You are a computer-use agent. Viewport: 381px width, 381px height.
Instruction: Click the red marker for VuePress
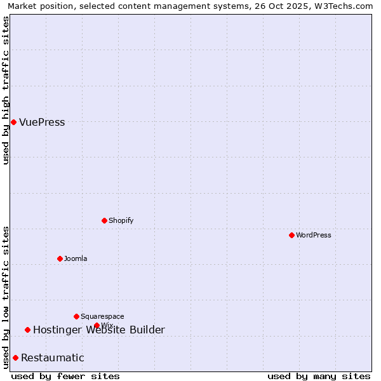point(13,122)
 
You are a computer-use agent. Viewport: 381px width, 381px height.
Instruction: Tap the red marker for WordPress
point(291,235)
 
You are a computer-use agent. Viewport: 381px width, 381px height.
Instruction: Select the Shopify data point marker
point(104,220)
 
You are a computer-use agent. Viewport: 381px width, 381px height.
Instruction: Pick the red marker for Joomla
point(60,258)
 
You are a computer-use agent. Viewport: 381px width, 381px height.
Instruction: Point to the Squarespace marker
point(76,316)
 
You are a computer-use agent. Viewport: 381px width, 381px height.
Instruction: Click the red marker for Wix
point(97,325)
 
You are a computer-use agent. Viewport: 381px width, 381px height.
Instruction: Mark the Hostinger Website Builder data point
point(27,330)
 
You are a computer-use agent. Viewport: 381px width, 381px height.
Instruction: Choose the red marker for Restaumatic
point(15,358)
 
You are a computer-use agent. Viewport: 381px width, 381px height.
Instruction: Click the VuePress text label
point(42,122)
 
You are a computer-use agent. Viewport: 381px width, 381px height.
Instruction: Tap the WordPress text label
point(314,235)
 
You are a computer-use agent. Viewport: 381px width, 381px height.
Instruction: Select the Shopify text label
point(121,220)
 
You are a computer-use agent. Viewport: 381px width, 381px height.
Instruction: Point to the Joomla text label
point(76,258)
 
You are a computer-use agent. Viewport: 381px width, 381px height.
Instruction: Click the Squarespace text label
point(102,316)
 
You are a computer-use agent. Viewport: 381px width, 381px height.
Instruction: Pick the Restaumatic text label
point(52,358)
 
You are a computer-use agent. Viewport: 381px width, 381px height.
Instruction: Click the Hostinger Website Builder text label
point(98,330)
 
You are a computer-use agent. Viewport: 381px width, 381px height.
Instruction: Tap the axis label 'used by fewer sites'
point(65,376)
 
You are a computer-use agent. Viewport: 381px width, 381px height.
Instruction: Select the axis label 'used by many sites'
point(319,376)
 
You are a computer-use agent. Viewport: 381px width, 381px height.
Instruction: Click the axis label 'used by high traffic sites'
point(6,90)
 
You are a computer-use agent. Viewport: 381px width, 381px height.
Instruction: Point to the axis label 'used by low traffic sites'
point(6,297)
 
